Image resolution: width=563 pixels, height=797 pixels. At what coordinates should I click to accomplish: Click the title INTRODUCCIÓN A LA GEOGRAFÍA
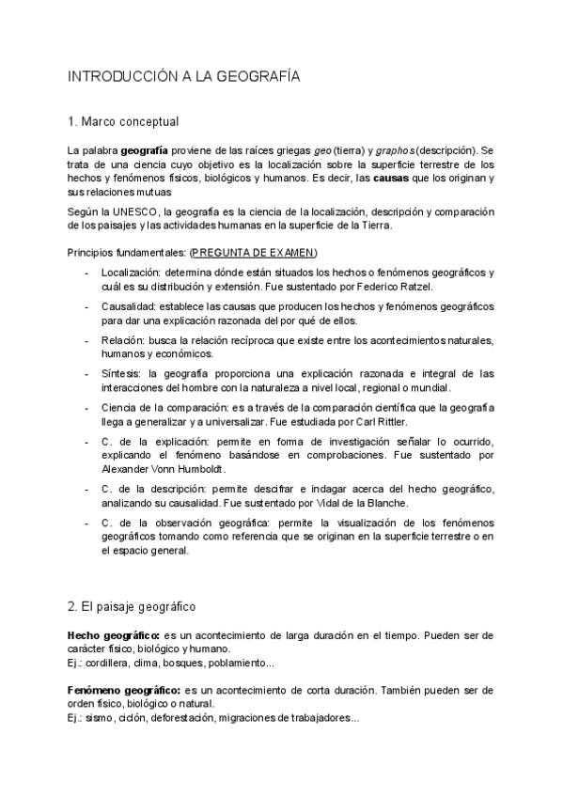point(184,78)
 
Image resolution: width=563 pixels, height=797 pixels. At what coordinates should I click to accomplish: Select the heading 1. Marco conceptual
point(123,122)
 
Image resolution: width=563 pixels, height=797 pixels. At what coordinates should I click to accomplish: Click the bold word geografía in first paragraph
point(145,150)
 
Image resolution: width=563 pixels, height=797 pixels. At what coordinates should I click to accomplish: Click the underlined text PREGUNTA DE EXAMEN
point(254,254)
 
